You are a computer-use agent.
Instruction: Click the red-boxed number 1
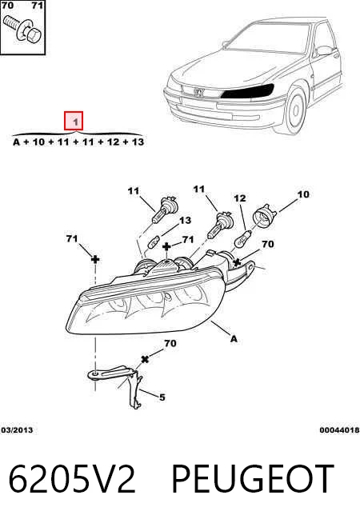pos(74,121)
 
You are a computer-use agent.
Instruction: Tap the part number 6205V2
pos(72,479)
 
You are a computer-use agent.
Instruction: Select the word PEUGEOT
pos(252,479)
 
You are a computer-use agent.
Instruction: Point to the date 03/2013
pos(17,430)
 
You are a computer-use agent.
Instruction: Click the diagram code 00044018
pos(339,430)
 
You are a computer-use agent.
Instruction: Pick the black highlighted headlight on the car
pos(247,91)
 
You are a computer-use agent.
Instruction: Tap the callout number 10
pos(303,194)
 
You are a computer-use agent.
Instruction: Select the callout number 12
pos(239,198)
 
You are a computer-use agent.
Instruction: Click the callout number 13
pos(185,220)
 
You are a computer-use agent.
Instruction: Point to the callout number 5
pos(162,397)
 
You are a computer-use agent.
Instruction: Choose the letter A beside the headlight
pos(234,339)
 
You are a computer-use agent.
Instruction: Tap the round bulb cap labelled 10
pos(266,216)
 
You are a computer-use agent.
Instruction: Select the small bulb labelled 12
pos(242,238)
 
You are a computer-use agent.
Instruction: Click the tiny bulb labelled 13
pos(154,242)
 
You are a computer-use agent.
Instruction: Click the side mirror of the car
pos(323,50)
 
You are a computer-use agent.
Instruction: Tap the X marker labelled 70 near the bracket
pos(145,359)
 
